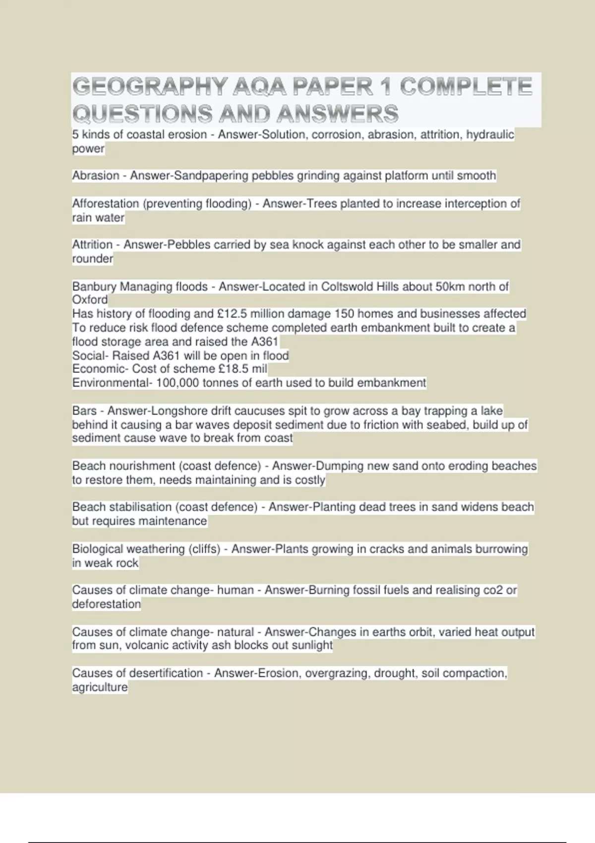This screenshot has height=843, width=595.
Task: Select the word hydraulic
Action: pos(490,134)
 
